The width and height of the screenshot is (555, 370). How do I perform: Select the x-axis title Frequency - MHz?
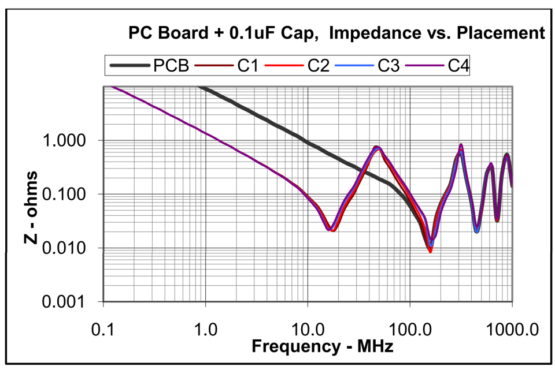322,346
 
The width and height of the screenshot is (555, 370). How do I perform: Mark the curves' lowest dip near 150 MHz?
430,250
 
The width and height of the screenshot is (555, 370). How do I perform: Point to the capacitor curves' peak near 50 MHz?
376,148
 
